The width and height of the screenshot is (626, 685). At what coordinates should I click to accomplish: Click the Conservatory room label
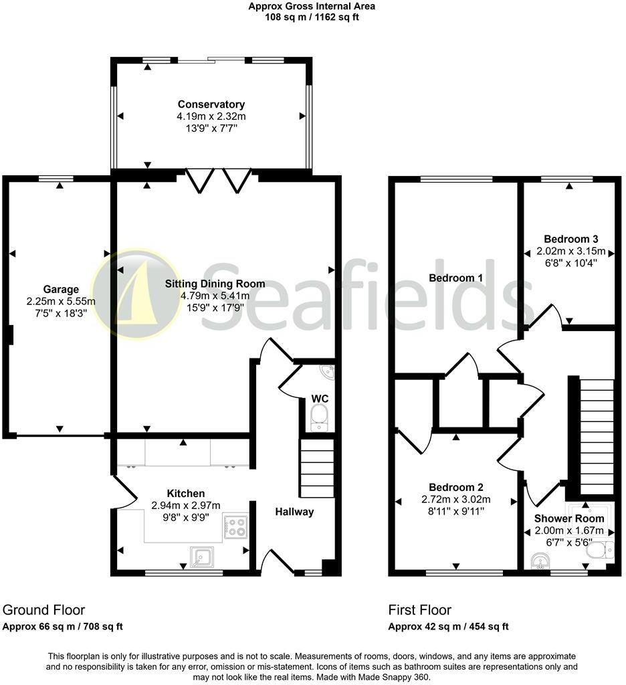click(x=211, y=104)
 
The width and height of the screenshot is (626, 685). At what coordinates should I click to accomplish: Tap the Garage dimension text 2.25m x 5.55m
click(x=61, y=302)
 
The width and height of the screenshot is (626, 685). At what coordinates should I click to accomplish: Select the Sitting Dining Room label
click(x=215, y=284)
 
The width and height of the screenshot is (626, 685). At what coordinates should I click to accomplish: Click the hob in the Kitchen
click(x=235, y=526)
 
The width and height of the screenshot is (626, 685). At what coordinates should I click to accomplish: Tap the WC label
click(x=320, y=399)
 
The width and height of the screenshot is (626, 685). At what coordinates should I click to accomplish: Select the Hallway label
click(x=294, y=512)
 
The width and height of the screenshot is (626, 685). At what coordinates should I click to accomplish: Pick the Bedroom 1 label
click(x=456, y=278)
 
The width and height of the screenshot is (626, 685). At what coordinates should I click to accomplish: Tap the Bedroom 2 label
click(x=456, y=488)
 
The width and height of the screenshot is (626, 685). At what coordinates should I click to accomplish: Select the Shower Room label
click(x=569, y=518)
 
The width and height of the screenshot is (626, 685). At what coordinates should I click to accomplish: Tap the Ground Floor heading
click(x=44, y=609)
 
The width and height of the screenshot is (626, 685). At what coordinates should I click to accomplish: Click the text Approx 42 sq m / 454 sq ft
click(x=449, y=627)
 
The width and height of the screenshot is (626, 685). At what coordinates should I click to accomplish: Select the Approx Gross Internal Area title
click(x=312, y=7)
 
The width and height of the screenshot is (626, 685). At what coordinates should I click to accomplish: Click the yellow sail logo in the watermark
click(x=136, y=294)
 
